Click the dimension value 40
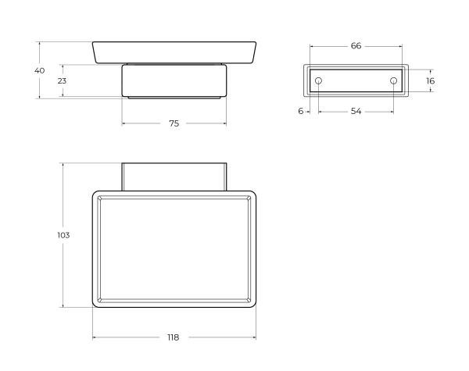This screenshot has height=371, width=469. (x=40, y=70)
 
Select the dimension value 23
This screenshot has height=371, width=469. (x=62, y=80)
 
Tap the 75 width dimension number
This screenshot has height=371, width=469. (x=174, y=123)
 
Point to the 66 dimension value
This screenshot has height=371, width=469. (x=356, y=46)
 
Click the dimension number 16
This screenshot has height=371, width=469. (x=430, y=80)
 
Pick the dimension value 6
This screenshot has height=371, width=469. (x=301, y=111)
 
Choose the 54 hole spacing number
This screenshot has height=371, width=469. (x=356, y=111)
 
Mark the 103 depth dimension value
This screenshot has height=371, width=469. (x=63, y=235)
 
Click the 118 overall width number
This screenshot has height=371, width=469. (x=174, y=337)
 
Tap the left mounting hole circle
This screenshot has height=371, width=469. (x=319, y=80)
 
